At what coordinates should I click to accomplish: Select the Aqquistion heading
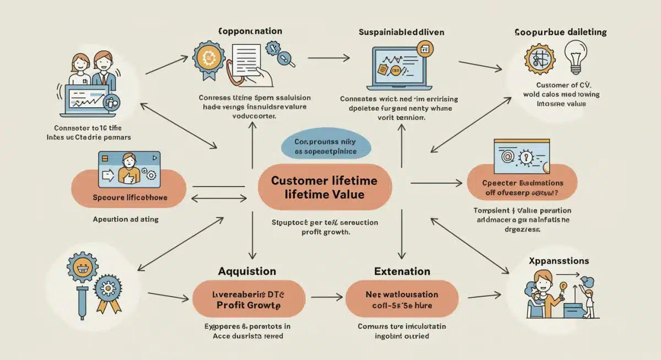coord(247,271)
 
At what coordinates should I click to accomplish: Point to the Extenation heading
coord(402,271)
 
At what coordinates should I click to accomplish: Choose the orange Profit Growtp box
coord(248,298)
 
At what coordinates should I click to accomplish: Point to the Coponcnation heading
coord(242,31)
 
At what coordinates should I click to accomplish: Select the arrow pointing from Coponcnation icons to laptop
coord(328,57)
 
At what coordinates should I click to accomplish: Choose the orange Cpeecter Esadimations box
coord(522,188)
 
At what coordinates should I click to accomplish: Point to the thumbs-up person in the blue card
coord(128,168)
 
